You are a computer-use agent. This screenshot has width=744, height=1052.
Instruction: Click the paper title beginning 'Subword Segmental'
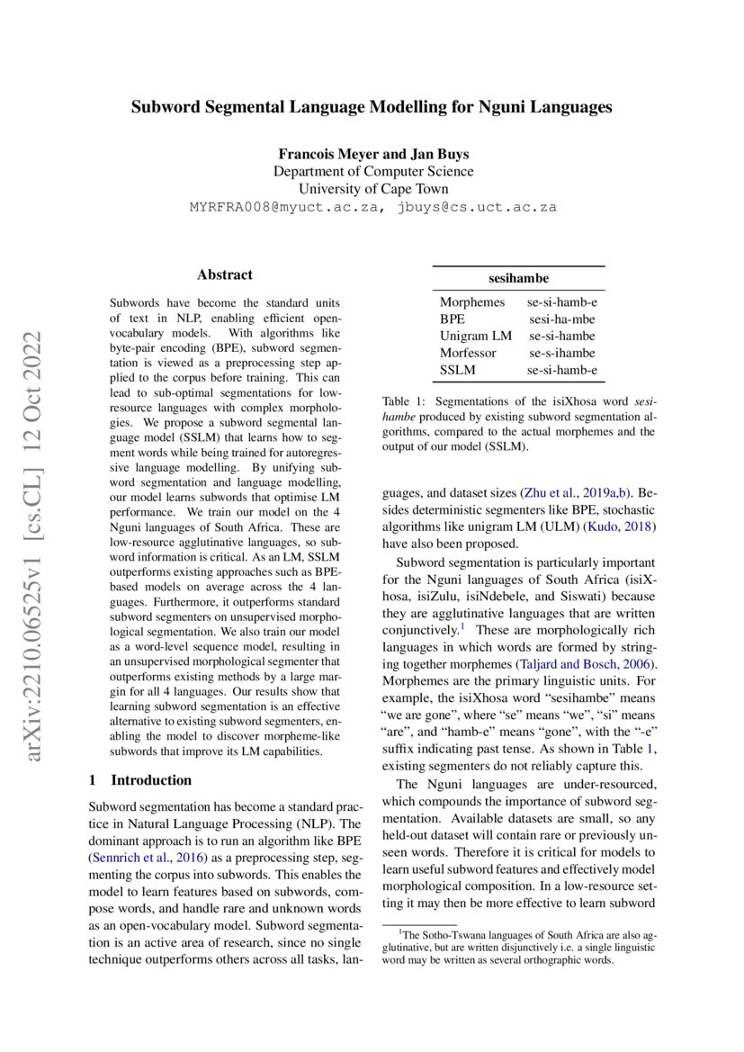tap(372, 107)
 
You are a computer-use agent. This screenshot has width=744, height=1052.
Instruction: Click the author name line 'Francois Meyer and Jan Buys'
tap(372, 153)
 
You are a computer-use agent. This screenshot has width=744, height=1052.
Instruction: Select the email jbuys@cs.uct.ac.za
tap(477, 207)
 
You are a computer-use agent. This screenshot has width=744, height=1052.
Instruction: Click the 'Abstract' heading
tap(224, 275)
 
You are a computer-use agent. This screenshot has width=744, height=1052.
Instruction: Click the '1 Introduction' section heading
tap(140, 780)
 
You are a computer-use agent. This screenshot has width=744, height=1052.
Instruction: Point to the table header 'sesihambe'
tap(518, 279)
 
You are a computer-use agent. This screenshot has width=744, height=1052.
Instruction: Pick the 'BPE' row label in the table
tap(453, 319)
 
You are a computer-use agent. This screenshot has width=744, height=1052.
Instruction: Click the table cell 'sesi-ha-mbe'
tap(561, 319)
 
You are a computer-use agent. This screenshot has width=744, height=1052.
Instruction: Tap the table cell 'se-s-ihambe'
tap(561, 353)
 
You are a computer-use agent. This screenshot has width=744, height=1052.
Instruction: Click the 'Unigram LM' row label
tap(475, 336)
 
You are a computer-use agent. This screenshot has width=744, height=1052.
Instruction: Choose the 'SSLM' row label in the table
tap(457, 369)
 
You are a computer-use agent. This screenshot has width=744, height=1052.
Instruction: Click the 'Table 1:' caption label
tap(404, 403)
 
